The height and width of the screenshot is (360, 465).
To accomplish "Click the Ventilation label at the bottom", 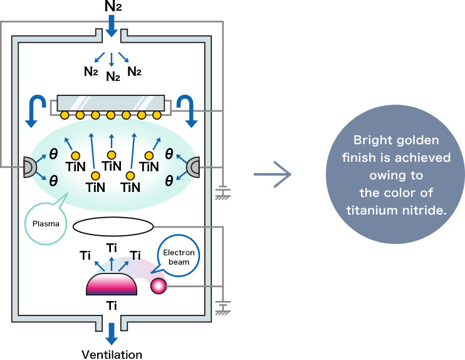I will point(112,354).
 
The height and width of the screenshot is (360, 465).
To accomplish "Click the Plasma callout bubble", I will point(45,222).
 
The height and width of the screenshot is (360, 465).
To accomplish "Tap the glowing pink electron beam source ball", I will point(158,286).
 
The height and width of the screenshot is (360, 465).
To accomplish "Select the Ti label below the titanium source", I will point(111,305).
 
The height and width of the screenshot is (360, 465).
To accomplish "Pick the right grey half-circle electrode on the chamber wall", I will point(194,167).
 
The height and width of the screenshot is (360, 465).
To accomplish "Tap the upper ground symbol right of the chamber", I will point(221,194).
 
